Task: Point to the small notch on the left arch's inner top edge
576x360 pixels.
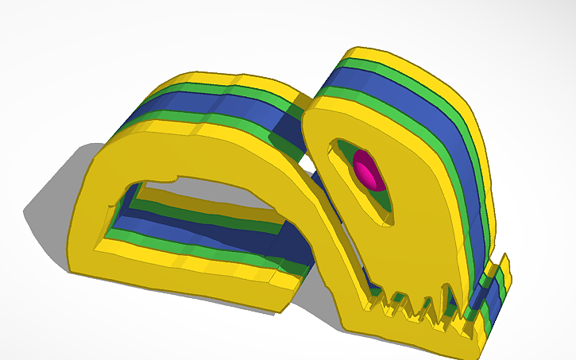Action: [174, 173]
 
